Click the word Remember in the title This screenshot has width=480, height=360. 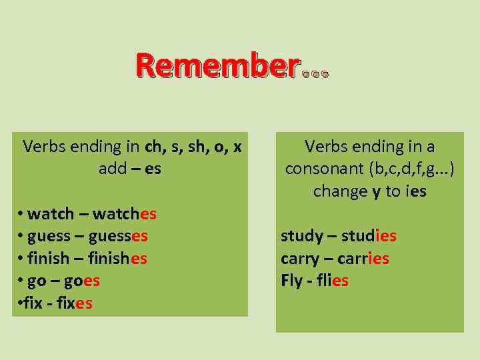point(217,66)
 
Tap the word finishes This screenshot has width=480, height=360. point(118,259)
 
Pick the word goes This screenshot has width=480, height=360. point(82,281)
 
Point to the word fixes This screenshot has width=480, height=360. point(75,303)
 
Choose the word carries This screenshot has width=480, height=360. point(363,258)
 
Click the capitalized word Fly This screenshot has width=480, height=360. point(291,281)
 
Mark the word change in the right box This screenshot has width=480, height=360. point(340,191)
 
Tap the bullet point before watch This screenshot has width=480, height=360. point(21,213)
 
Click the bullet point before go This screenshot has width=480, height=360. point(21,280)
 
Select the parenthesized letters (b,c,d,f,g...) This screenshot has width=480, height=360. point(411,169)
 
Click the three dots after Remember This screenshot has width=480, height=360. point(315,75)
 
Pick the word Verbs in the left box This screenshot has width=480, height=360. point(44,146)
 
